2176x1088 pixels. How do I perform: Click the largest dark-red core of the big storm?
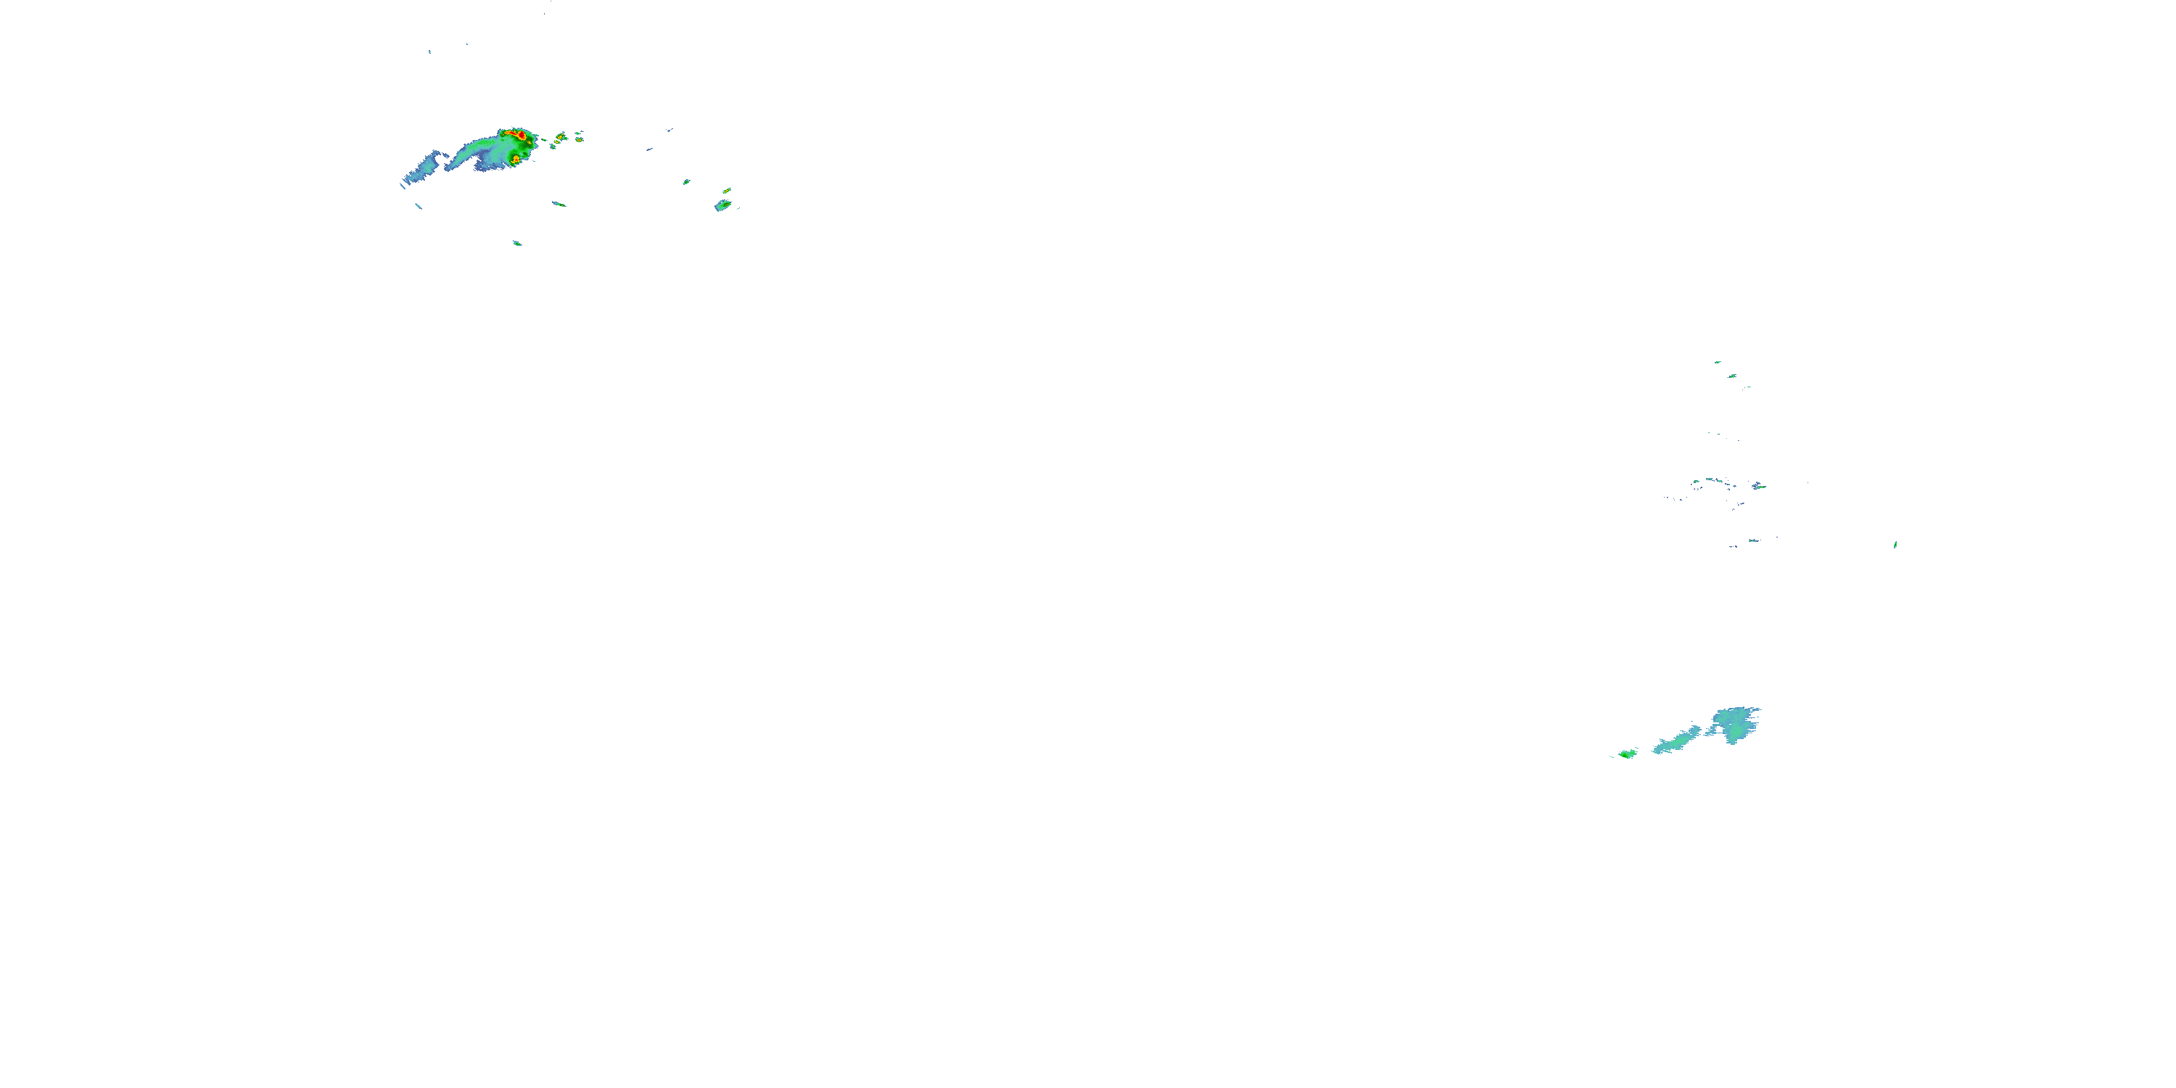pos(522,134)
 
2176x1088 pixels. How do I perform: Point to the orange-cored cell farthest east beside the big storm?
pos(580,133)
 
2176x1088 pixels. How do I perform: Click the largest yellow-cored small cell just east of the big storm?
pos(561,136)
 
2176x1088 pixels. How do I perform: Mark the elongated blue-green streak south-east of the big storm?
pos(559,204)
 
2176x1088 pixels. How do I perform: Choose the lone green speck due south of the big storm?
pos(517,243)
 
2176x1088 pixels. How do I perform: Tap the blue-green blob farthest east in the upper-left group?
pos(723,205)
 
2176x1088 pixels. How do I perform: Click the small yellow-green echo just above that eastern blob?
pos(727,191)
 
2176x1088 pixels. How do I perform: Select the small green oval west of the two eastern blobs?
pos(686,181)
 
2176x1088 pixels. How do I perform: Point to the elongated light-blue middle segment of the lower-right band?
pos(1677,741)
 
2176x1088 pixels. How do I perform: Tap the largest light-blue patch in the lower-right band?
pos(1735,724)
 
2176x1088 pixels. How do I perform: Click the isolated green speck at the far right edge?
pos(1895,545)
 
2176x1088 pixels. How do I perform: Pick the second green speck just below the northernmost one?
pos(1731,376)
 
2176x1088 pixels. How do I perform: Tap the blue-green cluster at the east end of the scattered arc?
pos(1759,486)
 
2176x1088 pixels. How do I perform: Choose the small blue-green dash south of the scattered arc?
pos(1754,540)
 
